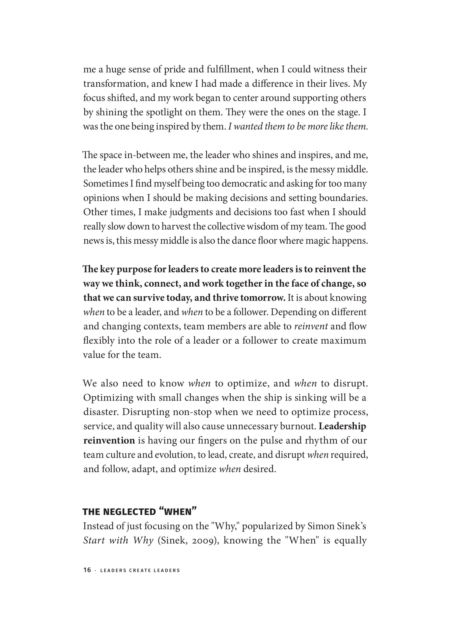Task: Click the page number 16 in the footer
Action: coord(87,570)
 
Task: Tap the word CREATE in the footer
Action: coord(140,570)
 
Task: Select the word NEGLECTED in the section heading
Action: coord(130,512)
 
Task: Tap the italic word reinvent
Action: coord(311,326)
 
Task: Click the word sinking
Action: coord(310,398)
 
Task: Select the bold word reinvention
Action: coord(109,440)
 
